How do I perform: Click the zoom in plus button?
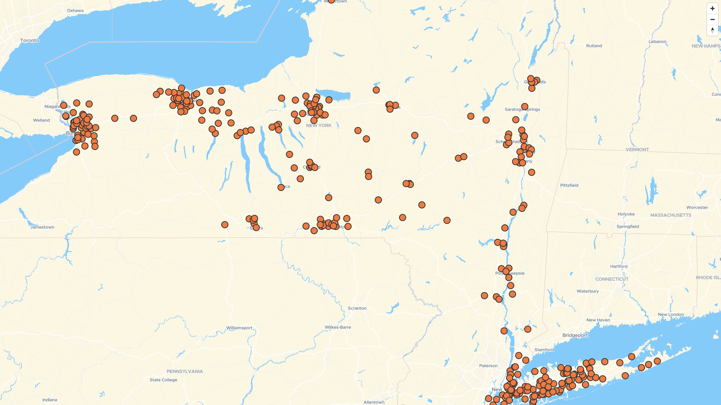coord(712,8)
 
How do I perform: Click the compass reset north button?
coord(712,30)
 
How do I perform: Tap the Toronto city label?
coord(30,40)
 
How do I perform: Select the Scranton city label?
coord(357,308)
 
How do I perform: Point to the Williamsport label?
coord(239,328)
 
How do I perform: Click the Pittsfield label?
coord(569,185)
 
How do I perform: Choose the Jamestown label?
coord(42,227)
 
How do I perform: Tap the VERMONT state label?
coord(637,150)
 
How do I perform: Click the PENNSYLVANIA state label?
coord(184,371)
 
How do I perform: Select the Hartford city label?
coord(618,266)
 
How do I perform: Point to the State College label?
coord(163,380)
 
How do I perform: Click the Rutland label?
coord(594,46)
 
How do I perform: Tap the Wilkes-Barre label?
coord(338,327)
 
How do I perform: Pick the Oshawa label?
coord(75,10)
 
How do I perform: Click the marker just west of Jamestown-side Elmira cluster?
coord(225,225)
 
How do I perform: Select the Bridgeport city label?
coord(575,335)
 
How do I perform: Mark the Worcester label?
coord(697,207)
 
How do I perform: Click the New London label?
coord(671,315)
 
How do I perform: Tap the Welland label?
coord(41,120)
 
